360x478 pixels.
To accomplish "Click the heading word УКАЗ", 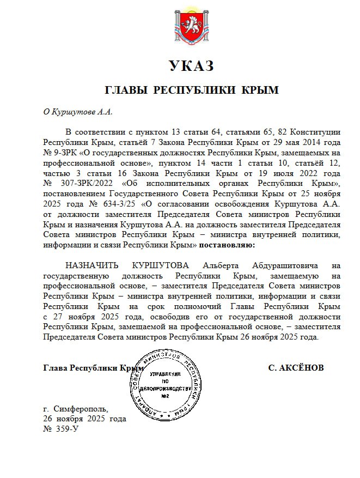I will click(191, 67).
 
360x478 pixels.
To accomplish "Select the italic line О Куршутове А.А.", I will click(78, 112).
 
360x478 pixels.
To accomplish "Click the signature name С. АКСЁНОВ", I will click(296, 368).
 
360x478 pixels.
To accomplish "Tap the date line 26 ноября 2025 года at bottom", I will click(84, 419).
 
